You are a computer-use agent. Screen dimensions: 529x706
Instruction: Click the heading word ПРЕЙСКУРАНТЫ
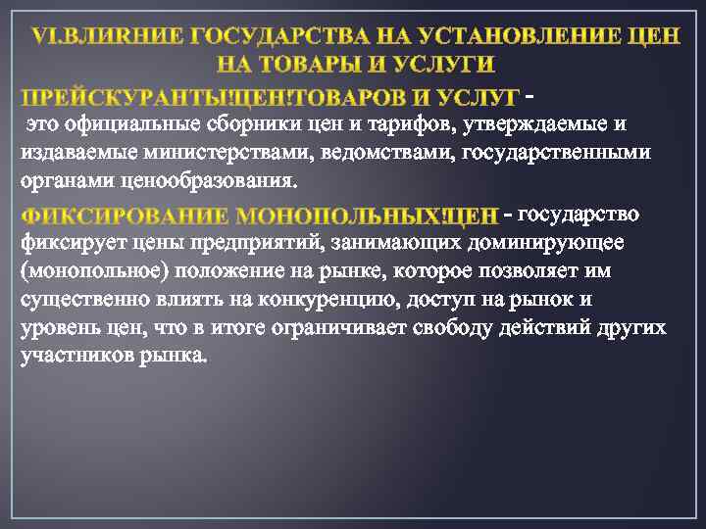point(91,98)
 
